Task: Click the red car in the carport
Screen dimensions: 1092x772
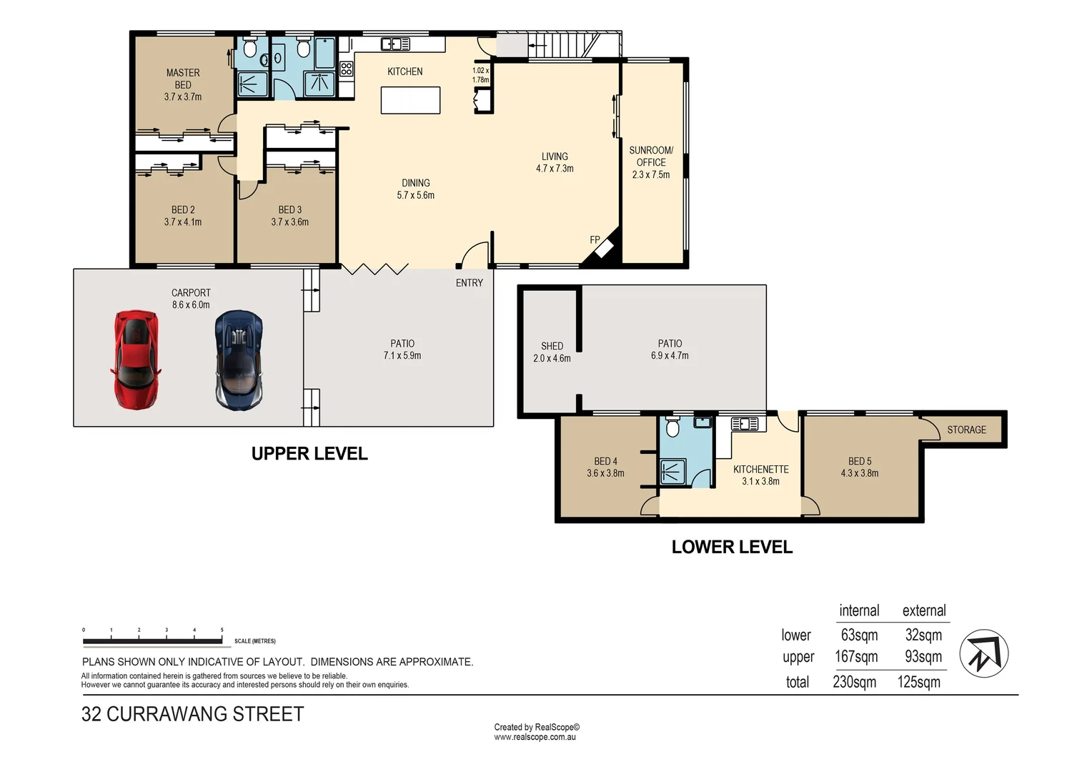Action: click(x=136, y=360)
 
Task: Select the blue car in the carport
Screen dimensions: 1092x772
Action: click(x=239, y=360)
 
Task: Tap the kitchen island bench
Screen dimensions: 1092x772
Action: click(x=410, y=100)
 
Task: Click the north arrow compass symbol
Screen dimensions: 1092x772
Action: click(x=984, y=653)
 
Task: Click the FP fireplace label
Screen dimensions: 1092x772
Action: click(x=595, y=239)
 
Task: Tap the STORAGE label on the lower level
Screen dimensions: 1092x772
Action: click(x=966, y=430)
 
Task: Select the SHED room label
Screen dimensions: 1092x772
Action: click(x=552, y=346)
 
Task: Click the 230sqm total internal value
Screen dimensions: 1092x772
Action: click(x=854, y=681)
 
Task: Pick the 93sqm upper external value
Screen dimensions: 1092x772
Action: click(x=923, y=656)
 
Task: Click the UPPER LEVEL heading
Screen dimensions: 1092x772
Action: click(x=309, y=453)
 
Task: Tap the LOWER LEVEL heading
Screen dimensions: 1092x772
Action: click(x=732, y=547)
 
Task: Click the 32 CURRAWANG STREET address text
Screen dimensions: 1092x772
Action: click(x=192, y=714)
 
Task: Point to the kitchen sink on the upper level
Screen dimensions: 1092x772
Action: click(x=395, y=44)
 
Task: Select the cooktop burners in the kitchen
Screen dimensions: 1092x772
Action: click(x=346, y=69)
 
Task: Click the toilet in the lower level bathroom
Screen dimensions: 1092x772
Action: click(x=672, y=427)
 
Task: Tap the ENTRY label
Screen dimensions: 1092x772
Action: click(x=469, y=283)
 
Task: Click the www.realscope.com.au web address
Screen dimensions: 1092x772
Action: click(x=535, y=737)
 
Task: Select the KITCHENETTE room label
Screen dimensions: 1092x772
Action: click(x=760, y=469)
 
